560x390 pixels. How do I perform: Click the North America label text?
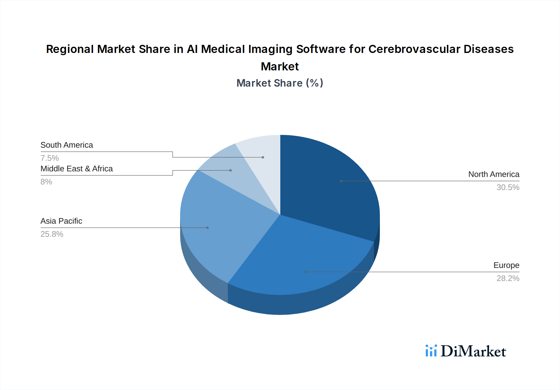coord(493,174)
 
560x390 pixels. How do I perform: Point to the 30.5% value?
coord(508,187)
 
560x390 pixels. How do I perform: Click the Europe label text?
coord(506,265)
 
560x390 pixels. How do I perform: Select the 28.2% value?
coord(508,278)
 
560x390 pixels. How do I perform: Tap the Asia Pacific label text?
coord(61,221)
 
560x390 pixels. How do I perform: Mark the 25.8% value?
coord(52,234)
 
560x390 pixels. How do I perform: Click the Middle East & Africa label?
coord(77,169)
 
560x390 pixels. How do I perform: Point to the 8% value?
coord(46,182)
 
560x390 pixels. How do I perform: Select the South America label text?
coord(67,145)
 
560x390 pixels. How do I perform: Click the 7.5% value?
coord(50,158)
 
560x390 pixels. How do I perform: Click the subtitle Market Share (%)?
coord(280,83)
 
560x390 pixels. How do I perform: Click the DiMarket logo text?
coord(473,351)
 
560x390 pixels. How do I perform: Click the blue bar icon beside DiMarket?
coord(431,351)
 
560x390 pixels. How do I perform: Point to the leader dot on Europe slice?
coord(305,272)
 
